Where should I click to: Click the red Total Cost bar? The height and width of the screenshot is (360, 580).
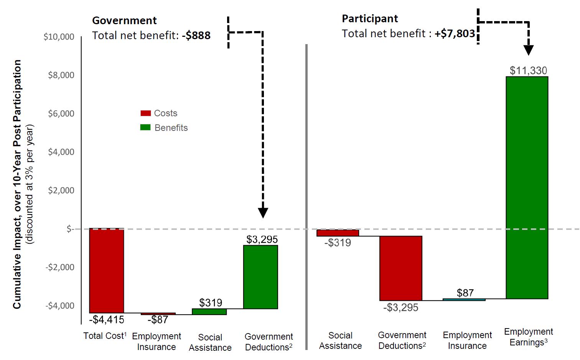pos(107,271)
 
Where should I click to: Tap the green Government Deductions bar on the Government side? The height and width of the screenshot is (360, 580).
pos(260,277)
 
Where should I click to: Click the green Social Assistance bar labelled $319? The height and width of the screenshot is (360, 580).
pos(209,312)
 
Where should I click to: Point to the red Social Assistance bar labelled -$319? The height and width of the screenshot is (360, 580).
pos(338,233)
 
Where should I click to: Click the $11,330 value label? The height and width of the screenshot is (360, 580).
pos(528,71)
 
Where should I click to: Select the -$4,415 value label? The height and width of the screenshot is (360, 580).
pos(107,319)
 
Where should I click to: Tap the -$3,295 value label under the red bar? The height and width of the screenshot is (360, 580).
pos(400,307)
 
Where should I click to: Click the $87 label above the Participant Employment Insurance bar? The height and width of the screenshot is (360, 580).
pos(465,293)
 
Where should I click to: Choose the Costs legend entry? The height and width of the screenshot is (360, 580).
pos(159,113)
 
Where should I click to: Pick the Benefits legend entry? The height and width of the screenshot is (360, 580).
pos(164,128)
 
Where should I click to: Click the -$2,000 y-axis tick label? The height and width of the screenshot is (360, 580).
pos(60,267)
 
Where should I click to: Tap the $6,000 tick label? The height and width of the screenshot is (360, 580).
pos(61,114)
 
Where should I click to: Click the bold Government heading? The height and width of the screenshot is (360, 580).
pos(124,20)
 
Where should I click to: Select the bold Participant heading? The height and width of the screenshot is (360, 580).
pos(370,18)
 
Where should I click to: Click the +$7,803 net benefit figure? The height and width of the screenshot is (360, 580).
pos(455,34)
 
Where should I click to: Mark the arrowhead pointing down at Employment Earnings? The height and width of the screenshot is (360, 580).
pos(529,50)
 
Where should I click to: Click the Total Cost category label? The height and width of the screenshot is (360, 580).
pos(105,336)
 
